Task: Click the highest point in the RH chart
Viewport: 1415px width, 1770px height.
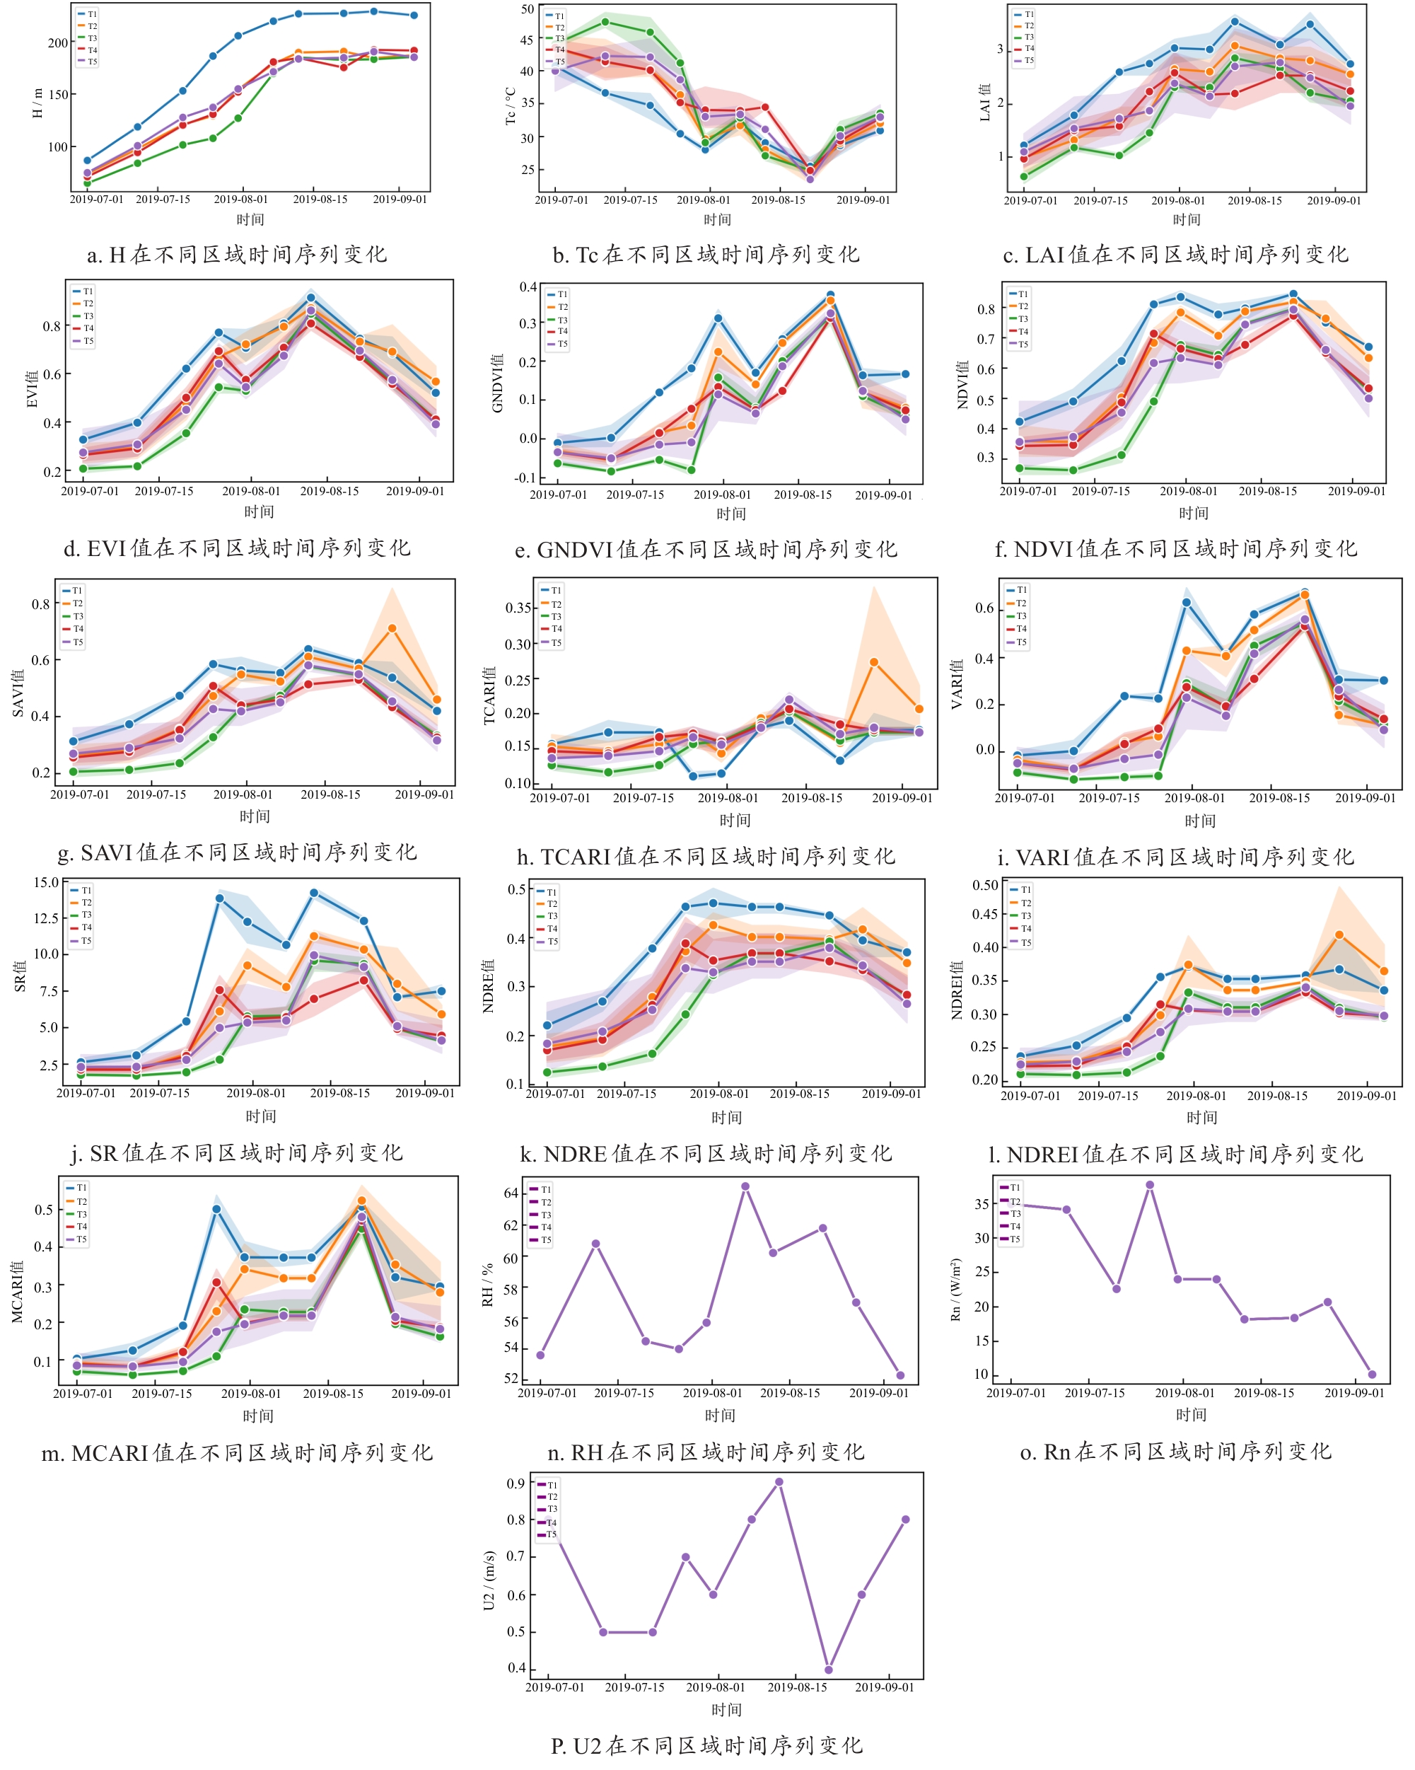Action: [x=745, y=1186]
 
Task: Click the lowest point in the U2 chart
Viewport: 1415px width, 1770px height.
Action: [x=828, y=1670]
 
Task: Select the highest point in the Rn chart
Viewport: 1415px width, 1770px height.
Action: [x=1150, y=1185]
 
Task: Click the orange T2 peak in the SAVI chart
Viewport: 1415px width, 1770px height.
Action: [x=392, y=628]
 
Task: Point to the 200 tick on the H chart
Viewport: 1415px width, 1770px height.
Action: [x=57, y=42]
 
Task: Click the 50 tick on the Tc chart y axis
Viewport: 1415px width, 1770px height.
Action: [x=527, y=9]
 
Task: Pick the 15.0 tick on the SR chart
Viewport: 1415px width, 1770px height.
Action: [x=46, y=883]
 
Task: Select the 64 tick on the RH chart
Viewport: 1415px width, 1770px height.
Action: [x=511, y=1193]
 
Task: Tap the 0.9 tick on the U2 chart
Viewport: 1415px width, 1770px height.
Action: [x=516, y=1483]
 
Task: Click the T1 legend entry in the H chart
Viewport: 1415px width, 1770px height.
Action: [x=87, y=14]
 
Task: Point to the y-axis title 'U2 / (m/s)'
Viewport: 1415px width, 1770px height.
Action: [x=489, y=1580]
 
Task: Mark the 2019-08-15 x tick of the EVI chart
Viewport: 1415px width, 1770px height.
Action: [x=329, y=491]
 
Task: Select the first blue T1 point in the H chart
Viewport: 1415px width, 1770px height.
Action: [x=88, y=161]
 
